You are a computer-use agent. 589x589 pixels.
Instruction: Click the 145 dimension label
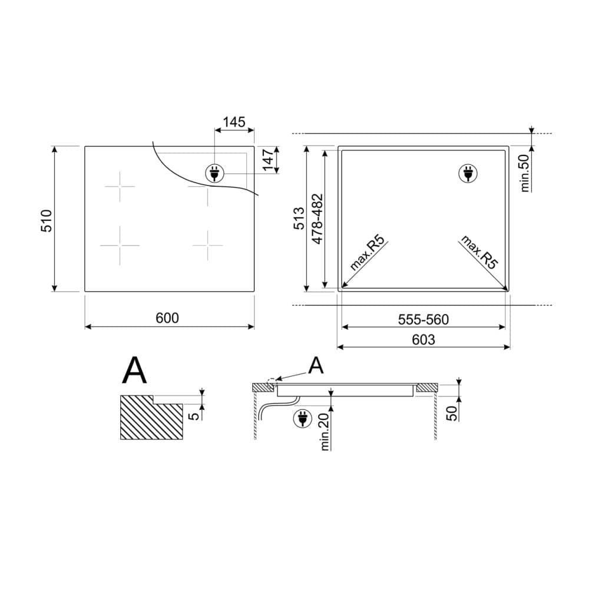coord(234,122)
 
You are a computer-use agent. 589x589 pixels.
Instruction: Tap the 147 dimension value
coord(268,160)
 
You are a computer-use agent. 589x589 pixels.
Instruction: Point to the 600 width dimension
coord(167,318)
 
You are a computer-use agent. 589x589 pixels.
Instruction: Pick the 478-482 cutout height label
coord(317,219)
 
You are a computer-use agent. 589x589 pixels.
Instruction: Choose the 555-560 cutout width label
coord(423,320)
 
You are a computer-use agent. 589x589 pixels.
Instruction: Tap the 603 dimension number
coord(423,340)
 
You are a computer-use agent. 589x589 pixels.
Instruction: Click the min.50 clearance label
coord(525,174)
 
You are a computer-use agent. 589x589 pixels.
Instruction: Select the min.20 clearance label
coord(325,432)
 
